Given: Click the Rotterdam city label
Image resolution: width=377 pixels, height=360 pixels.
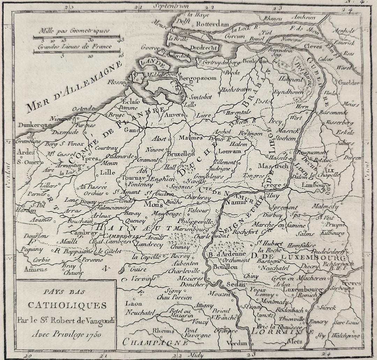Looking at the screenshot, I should [x=212, y=24].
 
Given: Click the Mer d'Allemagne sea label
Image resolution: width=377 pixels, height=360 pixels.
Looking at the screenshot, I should [x=74, y=87].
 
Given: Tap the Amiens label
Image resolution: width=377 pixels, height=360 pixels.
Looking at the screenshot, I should [x=36, y=269].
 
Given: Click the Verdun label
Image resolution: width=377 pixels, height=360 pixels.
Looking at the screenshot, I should [x=236, y=343].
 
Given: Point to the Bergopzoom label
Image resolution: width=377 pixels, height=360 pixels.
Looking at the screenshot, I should [x=198, y=79].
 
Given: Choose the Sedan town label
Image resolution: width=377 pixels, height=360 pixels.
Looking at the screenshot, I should [x=236, y=284].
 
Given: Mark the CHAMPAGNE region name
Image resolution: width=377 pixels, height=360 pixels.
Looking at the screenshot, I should [x=155, y=342].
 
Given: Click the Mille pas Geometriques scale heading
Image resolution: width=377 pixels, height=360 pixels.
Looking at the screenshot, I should [x=74, y=31].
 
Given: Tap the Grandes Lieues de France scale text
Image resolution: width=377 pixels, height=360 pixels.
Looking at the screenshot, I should [x=75, y=46].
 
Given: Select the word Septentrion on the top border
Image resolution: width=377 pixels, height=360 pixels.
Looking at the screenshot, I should [x=171, y=6].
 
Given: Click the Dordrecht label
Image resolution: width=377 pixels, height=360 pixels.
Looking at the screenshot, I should [x=204, y=48].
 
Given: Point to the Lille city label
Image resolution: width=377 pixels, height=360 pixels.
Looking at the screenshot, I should [x=107, y=172].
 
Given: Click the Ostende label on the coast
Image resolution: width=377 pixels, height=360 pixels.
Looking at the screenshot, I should [x=83, y=109].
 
